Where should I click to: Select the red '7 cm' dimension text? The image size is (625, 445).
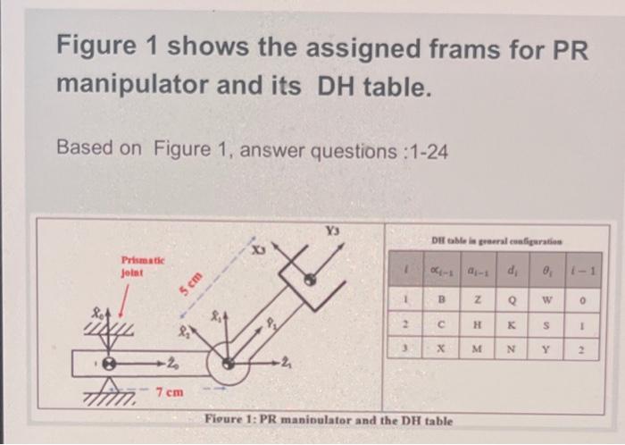point(169,392)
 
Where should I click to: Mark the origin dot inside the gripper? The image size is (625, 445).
point(309,279)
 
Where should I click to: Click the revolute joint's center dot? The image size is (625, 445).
point(230,362)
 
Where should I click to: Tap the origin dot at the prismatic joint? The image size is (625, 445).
point(111,363)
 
